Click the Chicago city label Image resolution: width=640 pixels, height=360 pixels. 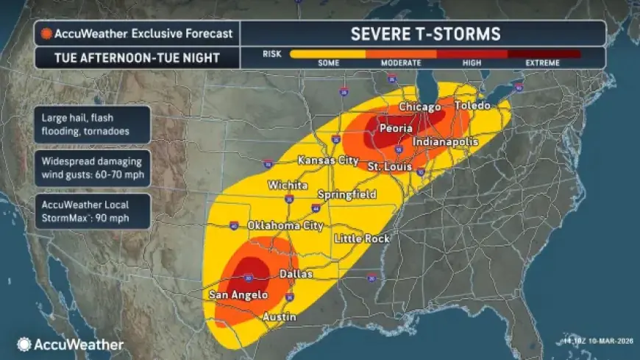click(419, 107)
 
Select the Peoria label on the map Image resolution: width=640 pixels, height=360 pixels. click(395, 128)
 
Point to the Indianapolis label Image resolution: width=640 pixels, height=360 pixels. click(446, 141)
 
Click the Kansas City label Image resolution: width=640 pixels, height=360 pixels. click(327, 160)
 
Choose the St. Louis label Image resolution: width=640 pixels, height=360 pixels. click(388, 168)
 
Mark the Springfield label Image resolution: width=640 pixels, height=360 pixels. click(346, 194)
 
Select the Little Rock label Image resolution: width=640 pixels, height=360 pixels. click(362, 239)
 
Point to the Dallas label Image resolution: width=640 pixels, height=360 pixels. click(296, 273)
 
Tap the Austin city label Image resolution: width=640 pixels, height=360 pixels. click(280, 317)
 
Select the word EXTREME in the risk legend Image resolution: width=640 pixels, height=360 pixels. click(542, 63)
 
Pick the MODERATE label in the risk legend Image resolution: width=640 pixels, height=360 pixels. click(400, 63)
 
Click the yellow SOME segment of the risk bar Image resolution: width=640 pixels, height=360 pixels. click(327, 54)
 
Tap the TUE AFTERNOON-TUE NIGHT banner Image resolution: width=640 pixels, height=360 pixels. click(137, 57)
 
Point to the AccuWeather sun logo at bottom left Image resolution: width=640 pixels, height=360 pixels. click(24, 344)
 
